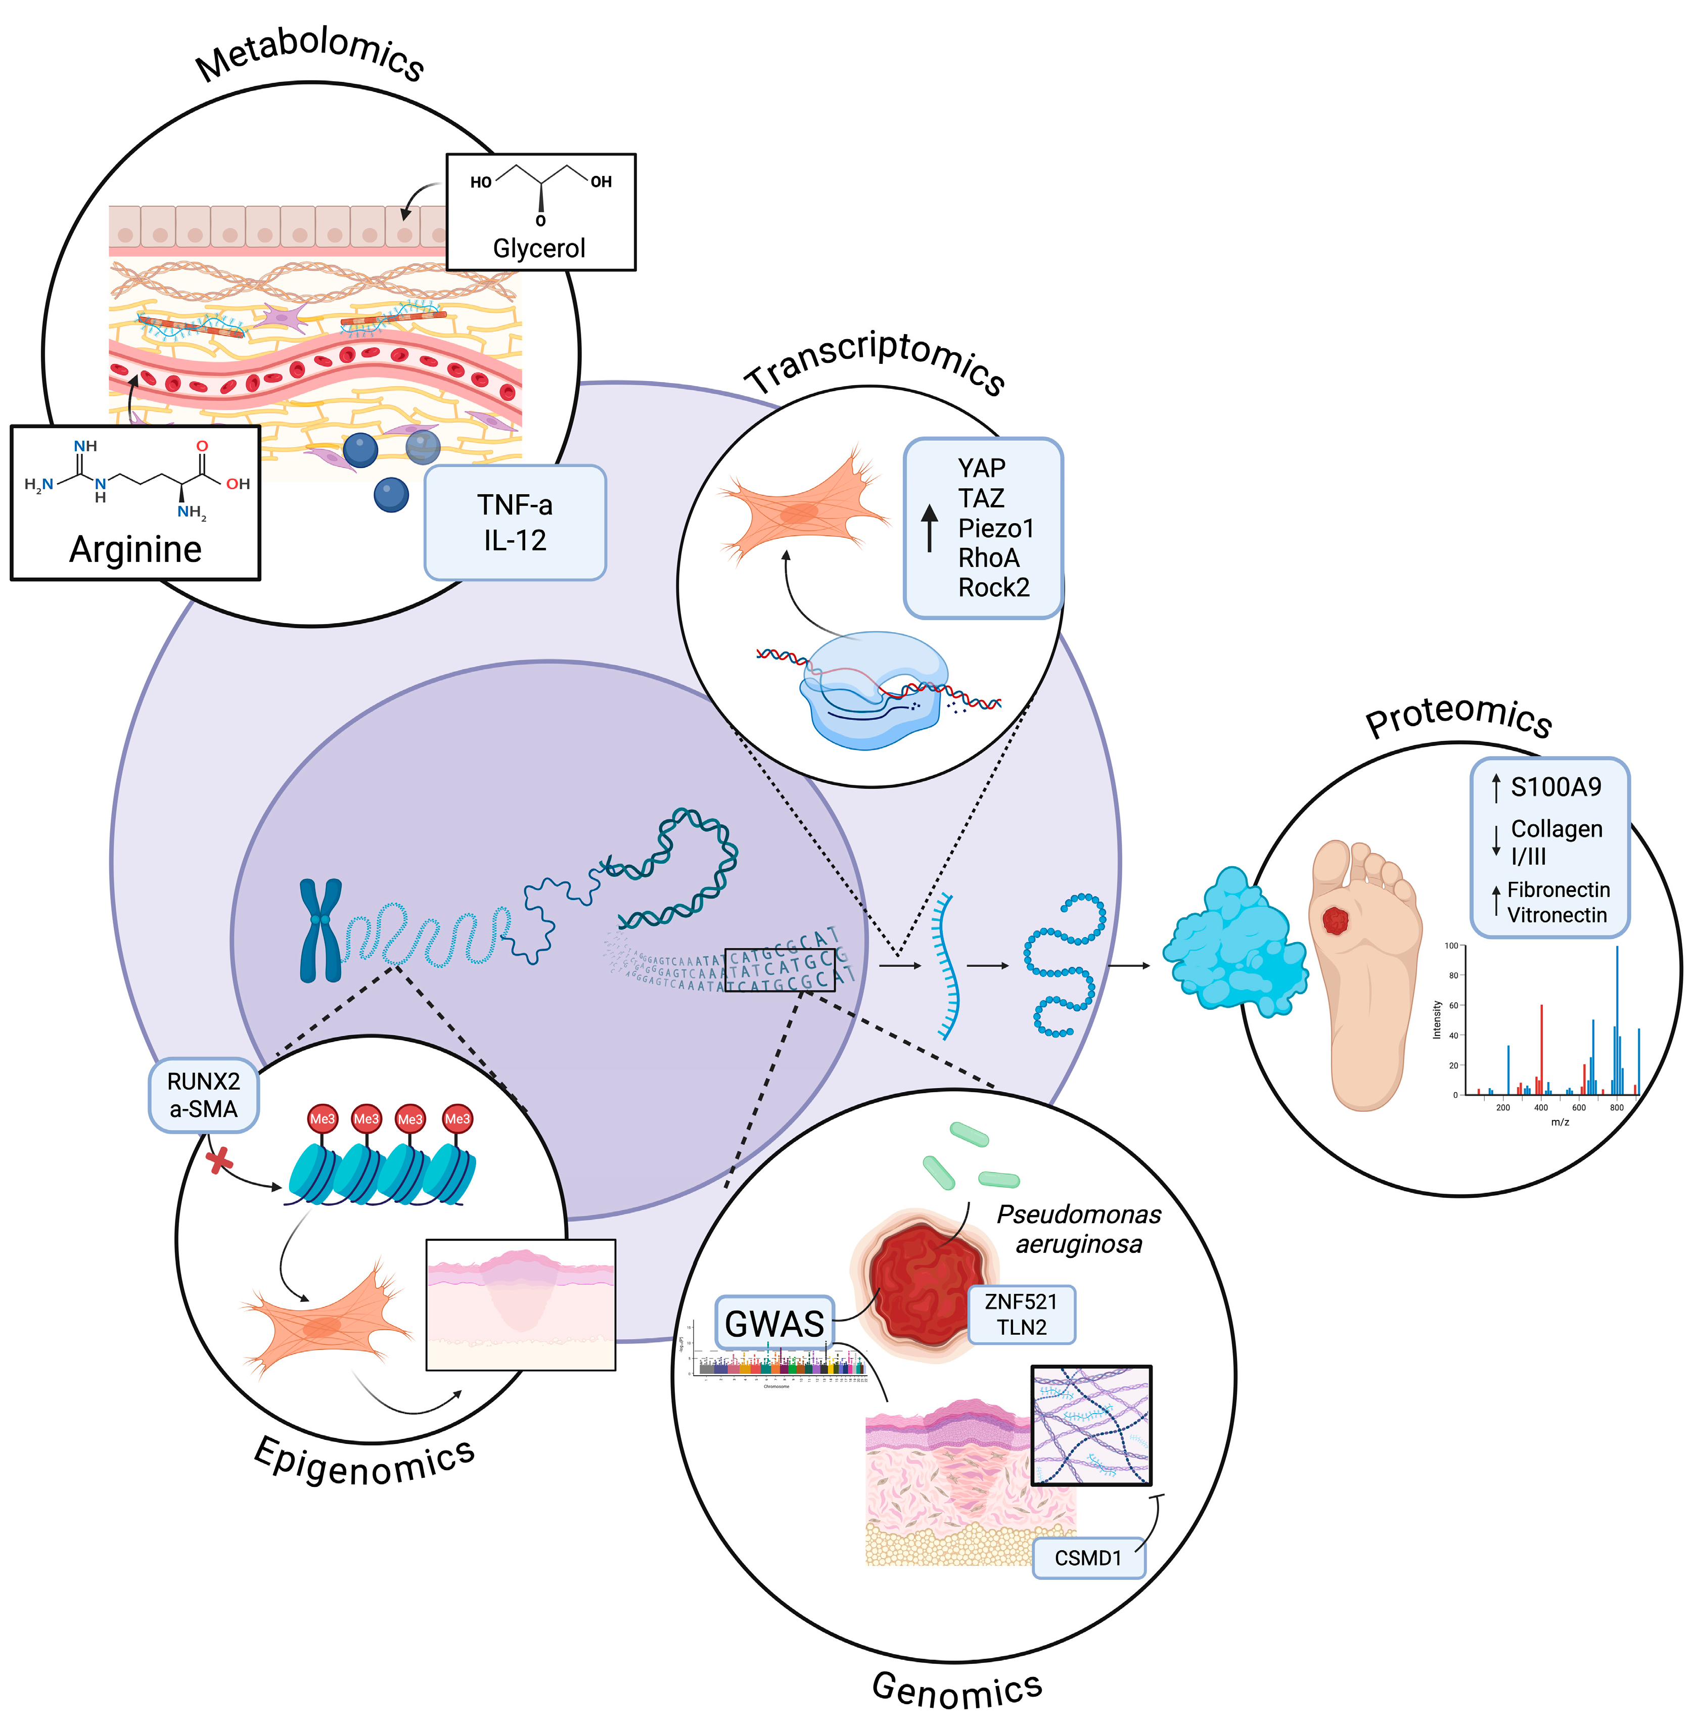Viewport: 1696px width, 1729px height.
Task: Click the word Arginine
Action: click(x=135, y=549)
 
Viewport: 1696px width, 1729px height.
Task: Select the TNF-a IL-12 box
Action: click(x=515, y=523)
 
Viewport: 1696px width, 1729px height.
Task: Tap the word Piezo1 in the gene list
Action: click(x=995, y=528)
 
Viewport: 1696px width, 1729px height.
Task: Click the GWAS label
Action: click(x=774, y=1324)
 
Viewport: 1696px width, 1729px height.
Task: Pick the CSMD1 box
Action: click(x=1087, y=1558)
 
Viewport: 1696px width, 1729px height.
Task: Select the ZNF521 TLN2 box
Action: click(x=1021, y=1314)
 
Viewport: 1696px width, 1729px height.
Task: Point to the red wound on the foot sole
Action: click(x=1335, y=920)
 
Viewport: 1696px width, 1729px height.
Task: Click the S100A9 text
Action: click(x=1555, y=786)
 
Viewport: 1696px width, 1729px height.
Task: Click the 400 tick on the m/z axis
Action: click(x=1541, y=1107)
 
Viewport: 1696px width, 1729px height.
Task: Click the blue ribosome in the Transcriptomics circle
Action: click(x=873, y=690)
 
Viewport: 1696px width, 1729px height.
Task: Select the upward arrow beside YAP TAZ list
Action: click(x=929, y=527)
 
